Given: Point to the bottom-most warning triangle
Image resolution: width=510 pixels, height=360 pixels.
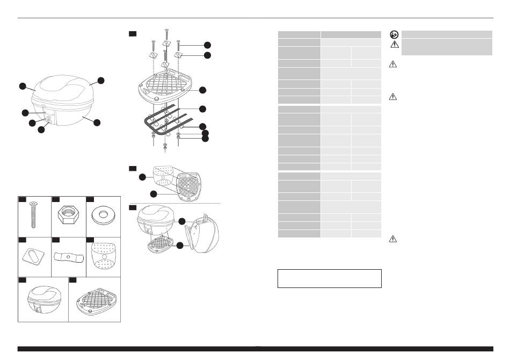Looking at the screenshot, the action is (393, 240).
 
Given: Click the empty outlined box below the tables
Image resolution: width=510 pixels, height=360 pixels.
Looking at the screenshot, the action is (329, 278).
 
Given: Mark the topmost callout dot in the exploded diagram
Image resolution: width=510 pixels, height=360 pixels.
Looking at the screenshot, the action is (207, 45).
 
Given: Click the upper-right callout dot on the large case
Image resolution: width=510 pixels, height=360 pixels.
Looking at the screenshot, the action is (100, 81).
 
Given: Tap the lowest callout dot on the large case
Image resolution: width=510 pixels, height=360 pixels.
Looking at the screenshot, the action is (41, 129).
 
